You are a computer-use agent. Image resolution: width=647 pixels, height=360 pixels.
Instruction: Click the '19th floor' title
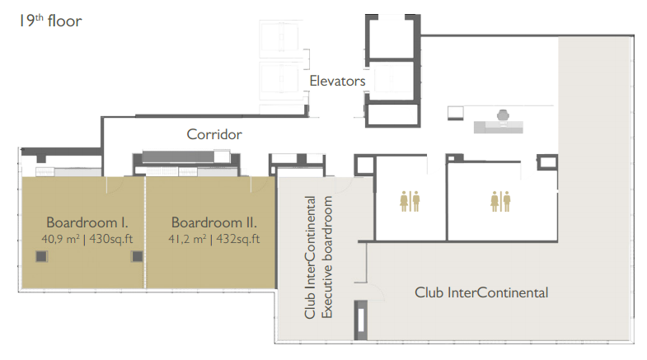pos(51,21)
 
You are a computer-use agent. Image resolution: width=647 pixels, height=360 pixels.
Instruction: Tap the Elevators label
pos(338,81)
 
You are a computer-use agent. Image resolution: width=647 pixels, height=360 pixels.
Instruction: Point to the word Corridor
pos(214,134)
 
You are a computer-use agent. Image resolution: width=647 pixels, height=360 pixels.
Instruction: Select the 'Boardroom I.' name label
pos(87,222)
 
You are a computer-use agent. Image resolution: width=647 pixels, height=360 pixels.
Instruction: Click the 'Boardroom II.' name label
pos(214,222)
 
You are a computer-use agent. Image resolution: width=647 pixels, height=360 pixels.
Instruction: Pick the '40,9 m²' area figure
pos(60,239)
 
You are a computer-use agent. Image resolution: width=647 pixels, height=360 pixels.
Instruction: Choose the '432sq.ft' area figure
pos(238,239)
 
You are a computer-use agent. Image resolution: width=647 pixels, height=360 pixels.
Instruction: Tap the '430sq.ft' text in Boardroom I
pos(111,239)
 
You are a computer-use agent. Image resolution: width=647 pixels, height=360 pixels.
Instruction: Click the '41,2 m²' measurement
pos(187,239)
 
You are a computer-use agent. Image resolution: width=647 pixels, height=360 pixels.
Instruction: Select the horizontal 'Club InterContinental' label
pos(481,292)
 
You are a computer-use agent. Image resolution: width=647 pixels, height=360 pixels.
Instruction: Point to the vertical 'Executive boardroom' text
pos(326,257)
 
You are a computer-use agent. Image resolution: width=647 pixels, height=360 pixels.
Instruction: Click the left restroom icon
pos(410,201)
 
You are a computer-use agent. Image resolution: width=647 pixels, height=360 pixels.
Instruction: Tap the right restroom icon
pos(500,201)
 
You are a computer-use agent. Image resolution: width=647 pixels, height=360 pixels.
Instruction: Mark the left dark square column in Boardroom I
pos(41,256)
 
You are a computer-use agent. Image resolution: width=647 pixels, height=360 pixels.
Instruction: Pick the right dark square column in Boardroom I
pos(137,256)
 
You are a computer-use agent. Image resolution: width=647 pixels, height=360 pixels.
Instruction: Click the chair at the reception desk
pos(503,115)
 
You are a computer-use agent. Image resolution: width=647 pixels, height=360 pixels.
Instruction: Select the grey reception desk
pos(499,127)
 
